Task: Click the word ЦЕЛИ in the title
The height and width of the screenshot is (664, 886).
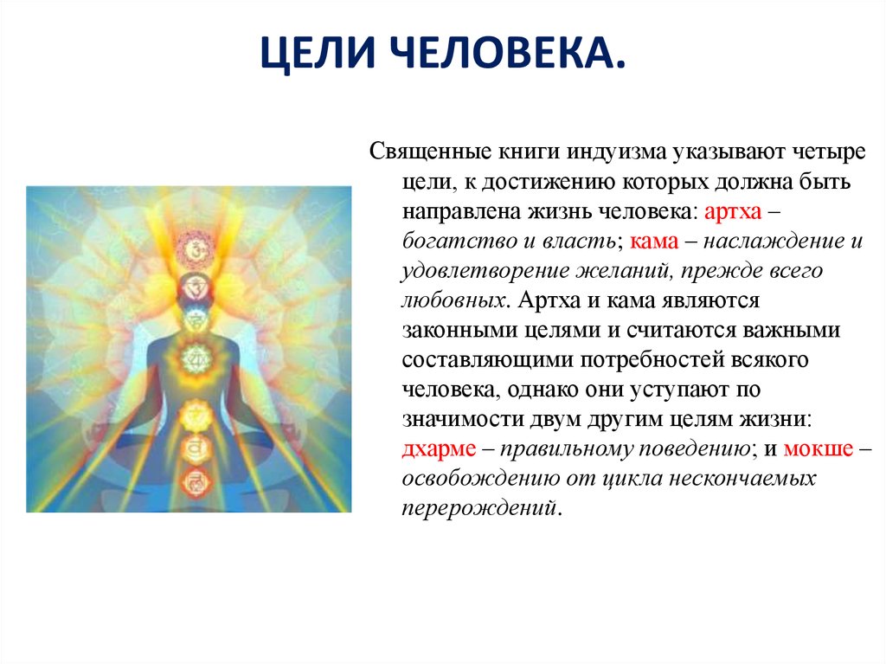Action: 318,53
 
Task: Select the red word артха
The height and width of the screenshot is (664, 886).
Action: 733,211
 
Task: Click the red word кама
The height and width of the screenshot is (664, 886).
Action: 654,241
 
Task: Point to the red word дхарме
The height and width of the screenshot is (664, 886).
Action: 439,449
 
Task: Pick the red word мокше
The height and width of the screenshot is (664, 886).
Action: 819,448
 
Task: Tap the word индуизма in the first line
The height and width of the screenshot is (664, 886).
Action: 616,152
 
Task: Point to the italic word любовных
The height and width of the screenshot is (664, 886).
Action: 453,300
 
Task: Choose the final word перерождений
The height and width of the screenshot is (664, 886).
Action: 479,508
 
